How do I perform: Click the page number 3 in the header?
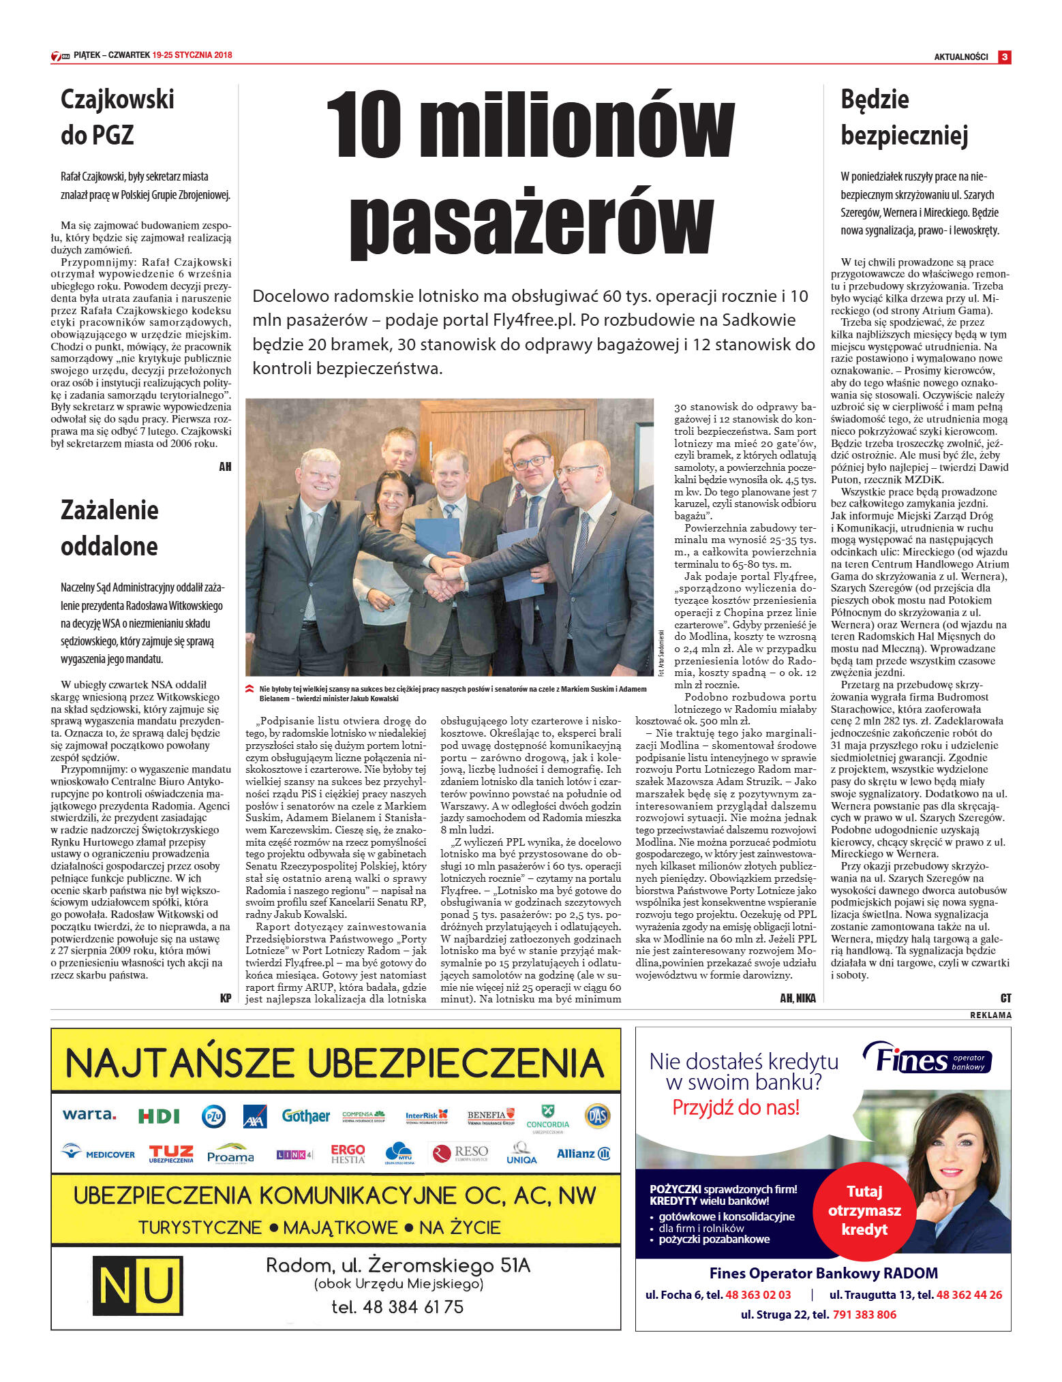coord(1004,57)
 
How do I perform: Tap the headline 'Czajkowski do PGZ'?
coord(117,117)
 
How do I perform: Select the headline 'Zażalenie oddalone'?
coord(109,528)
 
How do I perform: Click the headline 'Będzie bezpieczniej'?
coord(904,117)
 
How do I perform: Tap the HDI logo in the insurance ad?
coord(159,1116)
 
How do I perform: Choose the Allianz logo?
coord(583,1154)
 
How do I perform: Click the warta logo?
coord(89,1115)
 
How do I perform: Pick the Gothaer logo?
coord(305,1116)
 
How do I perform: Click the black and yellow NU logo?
coord(138,1286)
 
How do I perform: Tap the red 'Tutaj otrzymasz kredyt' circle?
coord(864,1211)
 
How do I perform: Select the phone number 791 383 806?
coord(864,1315)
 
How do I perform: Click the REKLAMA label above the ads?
coord(990,1015)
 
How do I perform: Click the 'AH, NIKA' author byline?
coord(798,998)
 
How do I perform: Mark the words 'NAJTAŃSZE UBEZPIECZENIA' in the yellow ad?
coord(335,1063)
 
